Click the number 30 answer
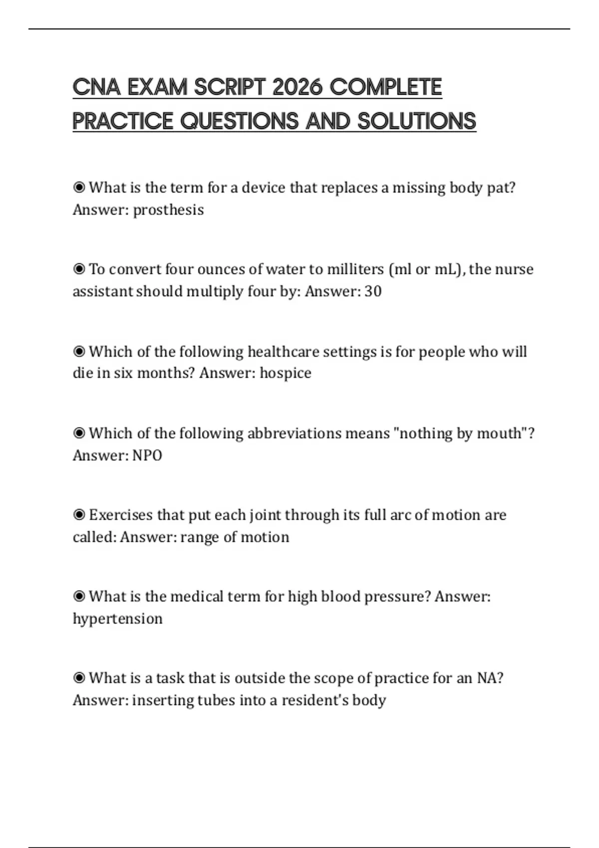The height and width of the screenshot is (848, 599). (x=373, y=291)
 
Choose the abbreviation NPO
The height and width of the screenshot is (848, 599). (x=147, y=455)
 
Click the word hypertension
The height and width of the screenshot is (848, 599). (x=118, y=619)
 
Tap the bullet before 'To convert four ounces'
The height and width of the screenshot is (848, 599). (x=79, y=269)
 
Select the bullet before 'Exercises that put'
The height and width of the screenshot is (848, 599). (x=79, y=515)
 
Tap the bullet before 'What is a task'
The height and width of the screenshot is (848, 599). (x=79, y=678)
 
